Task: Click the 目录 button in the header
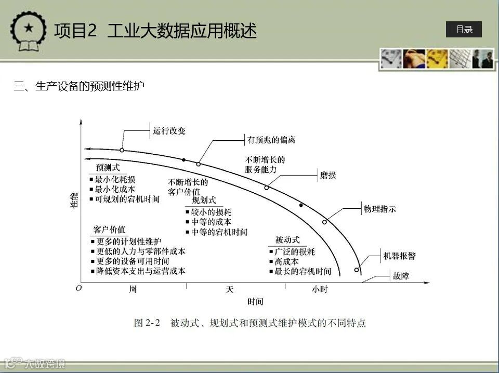(464, 30)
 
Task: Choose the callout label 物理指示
(380, 209)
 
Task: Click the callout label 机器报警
(399, 256)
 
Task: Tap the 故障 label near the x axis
(401, 276)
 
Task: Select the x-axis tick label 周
(133, 289)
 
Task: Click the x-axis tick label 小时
(320, 289)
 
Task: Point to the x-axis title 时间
(255, 301)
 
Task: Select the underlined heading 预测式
(108, 168)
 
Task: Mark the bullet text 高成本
(287, 262)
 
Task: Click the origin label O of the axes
(78, 288)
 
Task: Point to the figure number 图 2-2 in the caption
(147, 323)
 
